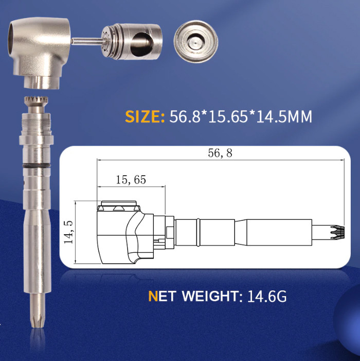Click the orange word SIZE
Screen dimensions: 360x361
(145, 116)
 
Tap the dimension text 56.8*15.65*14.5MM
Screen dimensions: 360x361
(241, 116)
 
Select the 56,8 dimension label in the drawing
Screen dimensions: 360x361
(220, 153)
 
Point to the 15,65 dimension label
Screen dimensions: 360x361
(131, 180)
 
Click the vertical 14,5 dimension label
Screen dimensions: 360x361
(68, 232)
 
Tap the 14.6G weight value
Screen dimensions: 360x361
(267, 296)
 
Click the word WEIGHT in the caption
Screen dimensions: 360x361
(210, 296)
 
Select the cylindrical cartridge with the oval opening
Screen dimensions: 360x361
(132, 41)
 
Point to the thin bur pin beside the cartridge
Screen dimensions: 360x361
(87, 41)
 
